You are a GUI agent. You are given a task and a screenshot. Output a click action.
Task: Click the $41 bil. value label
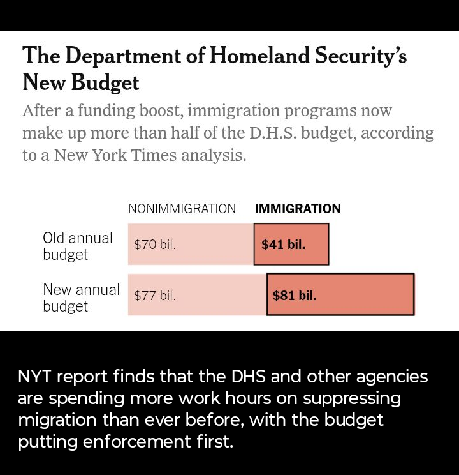pos(283,245)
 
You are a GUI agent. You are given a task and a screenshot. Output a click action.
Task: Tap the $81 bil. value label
pos(295,296)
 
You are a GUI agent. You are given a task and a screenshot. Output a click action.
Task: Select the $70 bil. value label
pos(155,245)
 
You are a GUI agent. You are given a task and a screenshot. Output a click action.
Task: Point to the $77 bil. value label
pos(155,296)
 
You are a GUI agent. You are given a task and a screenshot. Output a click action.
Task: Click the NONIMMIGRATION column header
pos(182,209)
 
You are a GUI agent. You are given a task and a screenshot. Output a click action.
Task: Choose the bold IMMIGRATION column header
pos(298,209)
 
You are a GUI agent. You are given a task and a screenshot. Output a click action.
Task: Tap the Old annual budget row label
pos(77,246)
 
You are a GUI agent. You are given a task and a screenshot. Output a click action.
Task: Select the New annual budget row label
pos(80,298)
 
